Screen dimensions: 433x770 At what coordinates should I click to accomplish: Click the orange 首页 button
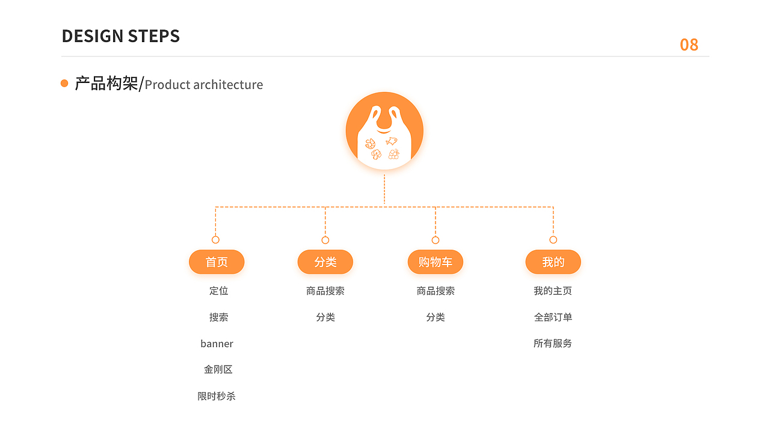click(x=217, y=262)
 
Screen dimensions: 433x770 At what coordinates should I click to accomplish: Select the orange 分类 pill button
click(x=325, y=262)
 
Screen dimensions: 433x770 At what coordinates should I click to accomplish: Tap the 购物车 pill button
click(x=436, y=262)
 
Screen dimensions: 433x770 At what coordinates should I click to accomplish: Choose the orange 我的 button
click(x=553, y=262)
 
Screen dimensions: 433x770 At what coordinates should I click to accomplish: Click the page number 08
click(x=689, y=45)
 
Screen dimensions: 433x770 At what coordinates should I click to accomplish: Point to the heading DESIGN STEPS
click(x=121, y=36)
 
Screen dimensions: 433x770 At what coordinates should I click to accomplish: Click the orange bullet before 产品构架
click(x=64, y=84)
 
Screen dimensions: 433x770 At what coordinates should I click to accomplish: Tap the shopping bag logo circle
click(x=384, y=131)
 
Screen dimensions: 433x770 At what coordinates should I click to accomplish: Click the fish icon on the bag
click(x=392, y=141)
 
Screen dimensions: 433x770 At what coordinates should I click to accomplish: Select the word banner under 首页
click(x=217, y=344)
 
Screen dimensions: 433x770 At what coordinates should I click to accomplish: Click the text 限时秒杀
click(x=217, y=396)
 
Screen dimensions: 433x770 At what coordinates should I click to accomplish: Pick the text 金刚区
click(x=218, y=370)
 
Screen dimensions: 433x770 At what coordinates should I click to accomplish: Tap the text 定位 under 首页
click(x=218, y=291)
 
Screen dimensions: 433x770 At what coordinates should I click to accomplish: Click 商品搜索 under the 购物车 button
click(x=436, y=291)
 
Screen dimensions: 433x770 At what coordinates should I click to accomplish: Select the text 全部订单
click(x=553, y=318)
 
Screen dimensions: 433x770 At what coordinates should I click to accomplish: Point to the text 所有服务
click(x=553, y=343)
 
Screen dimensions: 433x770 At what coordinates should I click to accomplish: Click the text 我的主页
click(x=553, y=291)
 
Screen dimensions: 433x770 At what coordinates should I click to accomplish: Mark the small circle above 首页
click(x=215, y=240)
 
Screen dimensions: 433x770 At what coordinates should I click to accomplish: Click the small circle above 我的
click(x=553, y=240)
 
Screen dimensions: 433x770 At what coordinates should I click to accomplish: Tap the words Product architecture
click(x=204, y=85)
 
